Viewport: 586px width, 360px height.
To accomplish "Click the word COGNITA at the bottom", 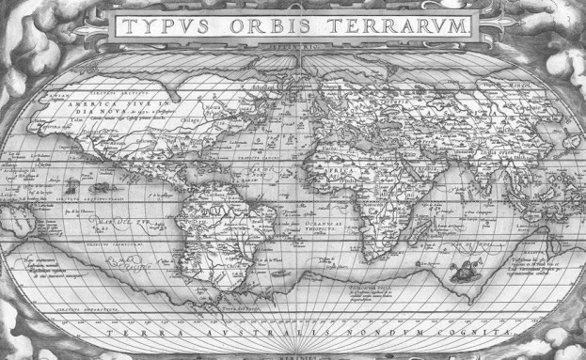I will (x=479, y=333).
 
